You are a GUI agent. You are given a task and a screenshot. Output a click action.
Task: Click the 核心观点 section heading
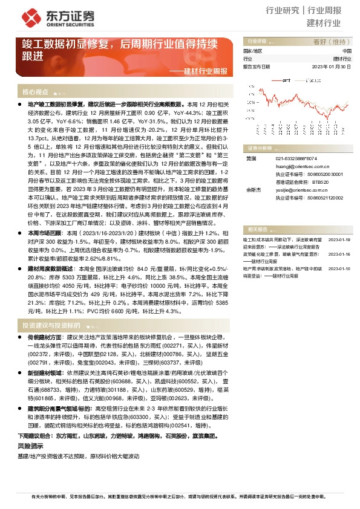[35, 92]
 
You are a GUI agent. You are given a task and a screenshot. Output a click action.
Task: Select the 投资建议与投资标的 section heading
[52, 325]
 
